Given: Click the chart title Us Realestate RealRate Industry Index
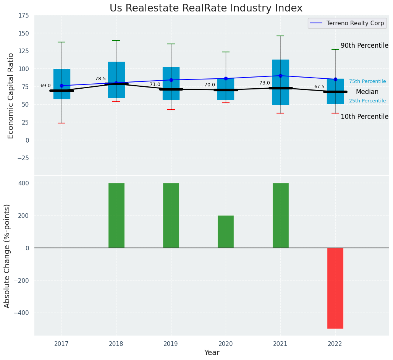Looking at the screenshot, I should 206,8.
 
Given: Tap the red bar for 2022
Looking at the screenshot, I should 335,288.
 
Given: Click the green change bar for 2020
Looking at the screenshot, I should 226,232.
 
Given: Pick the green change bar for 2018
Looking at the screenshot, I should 116,215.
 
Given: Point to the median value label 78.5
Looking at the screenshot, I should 100,79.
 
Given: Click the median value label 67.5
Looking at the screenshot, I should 319,87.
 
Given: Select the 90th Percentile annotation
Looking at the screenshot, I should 364,46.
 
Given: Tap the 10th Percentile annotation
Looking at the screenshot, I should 364,117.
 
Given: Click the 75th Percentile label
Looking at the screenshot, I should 367,81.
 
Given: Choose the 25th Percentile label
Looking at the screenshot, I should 367,101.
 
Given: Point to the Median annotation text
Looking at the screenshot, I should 367,92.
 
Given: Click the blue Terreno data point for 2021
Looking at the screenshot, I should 280,76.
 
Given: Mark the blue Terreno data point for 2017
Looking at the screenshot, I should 61,86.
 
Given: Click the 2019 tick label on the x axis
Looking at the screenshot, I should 171,344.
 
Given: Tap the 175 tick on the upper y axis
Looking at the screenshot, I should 23,16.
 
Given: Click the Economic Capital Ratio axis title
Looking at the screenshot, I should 11,96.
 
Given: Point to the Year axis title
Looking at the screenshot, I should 212,353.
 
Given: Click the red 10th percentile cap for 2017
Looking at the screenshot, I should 61,123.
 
